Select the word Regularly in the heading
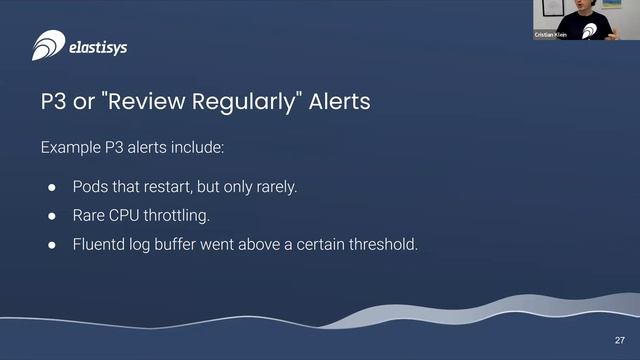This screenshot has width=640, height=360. click(230, 102)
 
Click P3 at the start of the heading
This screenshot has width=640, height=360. click(54, 102)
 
